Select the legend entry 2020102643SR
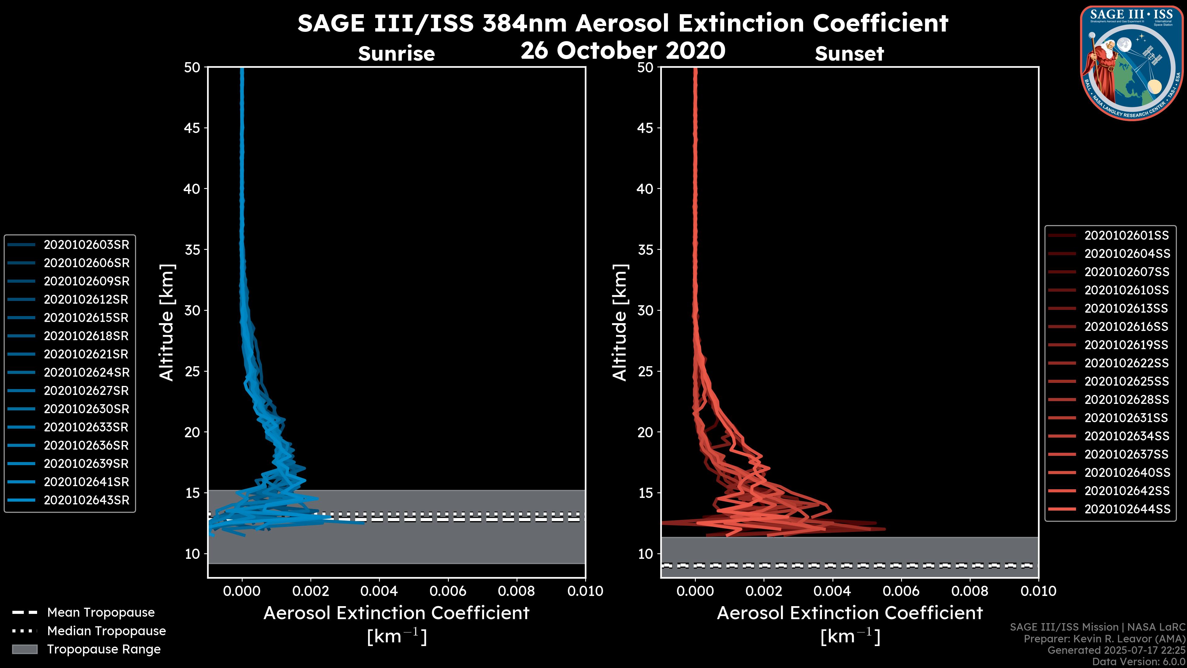pos(86,500)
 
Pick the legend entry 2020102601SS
pos(1126,236)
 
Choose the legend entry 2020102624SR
pos(86,372)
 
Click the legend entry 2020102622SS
pos(1126,363)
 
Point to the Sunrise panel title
pos(396,54)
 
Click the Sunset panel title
pos(849,54)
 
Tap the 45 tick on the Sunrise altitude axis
pos(192,128)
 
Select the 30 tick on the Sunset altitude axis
pos(645,310)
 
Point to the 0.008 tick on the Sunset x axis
pos(970,591)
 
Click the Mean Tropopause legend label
pos(101,612)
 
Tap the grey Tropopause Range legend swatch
pos(24,649)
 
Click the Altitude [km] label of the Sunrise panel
pos(166,322)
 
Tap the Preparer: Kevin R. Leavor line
pos(1104,639)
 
